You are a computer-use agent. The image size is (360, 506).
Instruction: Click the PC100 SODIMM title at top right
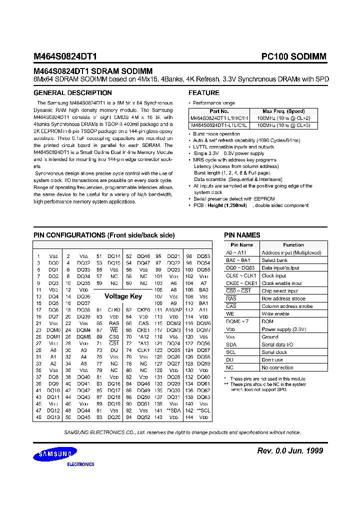293,57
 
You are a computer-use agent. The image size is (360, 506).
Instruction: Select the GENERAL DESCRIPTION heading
72,93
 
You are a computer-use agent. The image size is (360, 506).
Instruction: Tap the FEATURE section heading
203,93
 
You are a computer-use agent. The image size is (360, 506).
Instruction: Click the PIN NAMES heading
242,235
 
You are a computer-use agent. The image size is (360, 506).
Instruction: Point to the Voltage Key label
123,296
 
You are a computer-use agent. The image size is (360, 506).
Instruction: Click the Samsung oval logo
55,454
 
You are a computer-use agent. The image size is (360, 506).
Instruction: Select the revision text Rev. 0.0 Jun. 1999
289,451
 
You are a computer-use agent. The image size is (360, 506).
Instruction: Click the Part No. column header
219,111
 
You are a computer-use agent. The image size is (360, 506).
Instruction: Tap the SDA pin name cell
231,344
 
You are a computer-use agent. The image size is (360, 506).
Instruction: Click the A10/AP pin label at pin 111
173,310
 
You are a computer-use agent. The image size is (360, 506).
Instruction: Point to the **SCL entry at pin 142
203,410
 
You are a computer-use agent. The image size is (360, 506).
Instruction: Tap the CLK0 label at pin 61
114,310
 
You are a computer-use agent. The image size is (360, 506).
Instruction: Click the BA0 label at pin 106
203,289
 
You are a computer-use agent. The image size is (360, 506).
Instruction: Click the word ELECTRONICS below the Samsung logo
80,464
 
